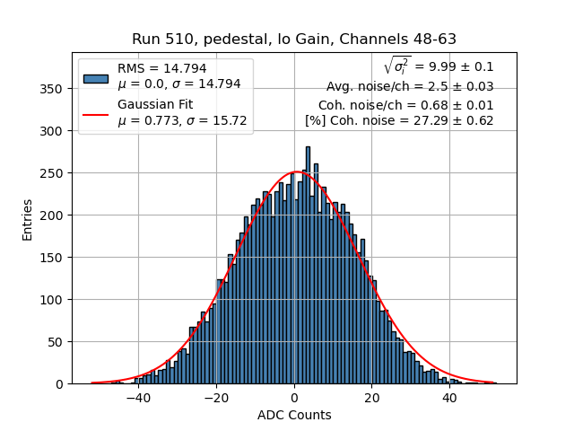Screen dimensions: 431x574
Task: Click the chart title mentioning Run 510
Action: (x=294, y=40)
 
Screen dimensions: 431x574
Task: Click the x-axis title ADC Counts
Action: (x=294, y=415)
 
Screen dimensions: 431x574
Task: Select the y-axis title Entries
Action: (x=28, y=219)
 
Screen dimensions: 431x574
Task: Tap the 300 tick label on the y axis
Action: (x=54, y=131)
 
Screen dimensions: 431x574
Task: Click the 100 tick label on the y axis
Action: (x=54, y=300)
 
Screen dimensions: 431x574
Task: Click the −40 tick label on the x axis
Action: (x=137, y=398)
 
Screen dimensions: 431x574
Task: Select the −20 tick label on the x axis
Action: (x=215, y=398)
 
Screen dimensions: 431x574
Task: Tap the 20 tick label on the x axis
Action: (x=372, y=398)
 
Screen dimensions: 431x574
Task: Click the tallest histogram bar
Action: (x=308, y=265)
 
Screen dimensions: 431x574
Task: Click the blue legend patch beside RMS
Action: (x=95, y=77)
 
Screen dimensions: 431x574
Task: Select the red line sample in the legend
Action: (x=95, y=112)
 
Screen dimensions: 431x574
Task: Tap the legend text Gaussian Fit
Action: (x=155, y=104)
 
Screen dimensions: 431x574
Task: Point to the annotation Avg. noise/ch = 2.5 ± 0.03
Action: (x=410, y=87)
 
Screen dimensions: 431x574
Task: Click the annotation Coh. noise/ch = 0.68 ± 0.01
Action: (x=406, y=104)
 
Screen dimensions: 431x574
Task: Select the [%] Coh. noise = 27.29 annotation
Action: (x=399, y=120)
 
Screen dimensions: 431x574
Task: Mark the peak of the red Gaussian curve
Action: (x=297, y=172)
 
